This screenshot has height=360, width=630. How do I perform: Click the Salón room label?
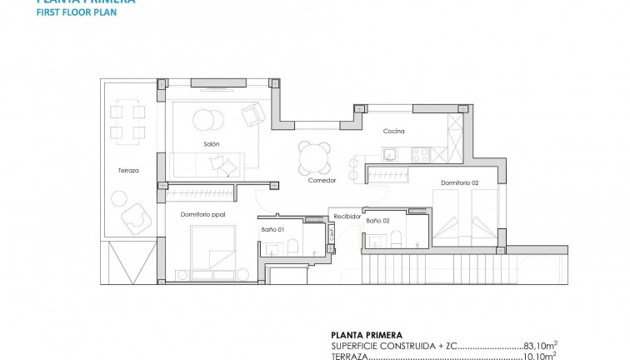tap(211, 144)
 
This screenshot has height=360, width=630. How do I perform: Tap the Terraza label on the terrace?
tap(128, 170)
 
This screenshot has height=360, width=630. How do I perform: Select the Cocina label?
tap(394, 132)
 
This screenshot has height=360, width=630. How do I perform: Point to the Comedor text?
tap(322, 180)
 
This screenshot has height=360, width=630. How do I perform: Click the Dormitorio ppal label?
tap(203, 214)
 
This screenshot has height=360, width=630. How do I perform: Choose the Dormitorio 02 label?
tap(461, 182)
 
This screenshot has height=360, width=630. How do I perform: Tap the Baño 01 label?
tap(273, 228)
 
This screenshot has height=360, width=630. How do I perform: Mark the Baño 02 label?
tap(378, 221)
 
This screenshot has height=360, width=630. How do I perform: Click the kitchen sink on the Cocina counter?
tap(390, 153)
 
